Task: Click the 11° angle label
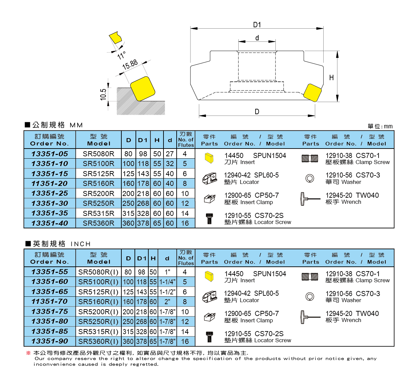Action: click(x=121, y=55)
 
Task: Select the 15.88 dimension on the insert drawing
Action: click(x=130, y=64)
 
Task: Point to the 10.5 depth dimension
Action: click(x=103, y=94)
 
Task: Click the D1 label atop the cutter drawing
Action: click(x=257, y=25)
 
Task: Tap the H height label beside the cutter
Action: click(x=331, y=77)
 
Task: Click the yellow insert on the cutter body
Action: click(x=312, y=93)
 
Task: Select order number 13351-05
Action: click(x=50, y=154)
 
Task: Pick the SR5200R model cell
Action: click(x=98, y=193)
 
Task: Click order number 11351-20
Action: click(x=50, y=184)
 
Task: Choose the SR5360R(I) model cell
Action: click(x=98, y=341)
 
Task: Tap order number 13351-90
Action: click(x=50, y=341)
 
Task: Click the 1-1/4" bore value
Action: click(x=167, y=282)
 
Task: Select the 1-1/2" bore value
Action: click(x=167, y=292)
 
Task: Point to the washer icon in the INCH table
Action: click(x=309, y=297)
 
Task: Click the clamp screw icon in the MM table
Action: click(x=309, y=158)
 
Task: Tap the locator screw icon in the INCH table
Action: click(x=209, y=337)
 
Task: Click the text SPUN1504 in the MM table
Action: click(x=269, y=156)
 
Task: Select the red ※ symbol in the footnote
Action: click(x=28, y=353)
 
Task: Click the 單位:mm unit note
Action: click(x=380, y=126)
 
